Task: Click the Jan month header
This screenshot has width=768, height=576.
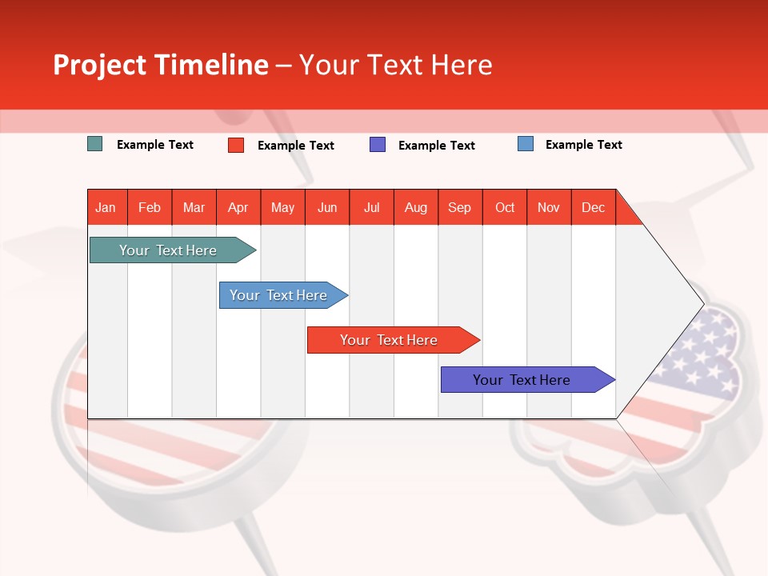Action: point(106,207)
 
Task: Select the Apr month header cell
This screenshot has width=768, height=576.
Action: point(238,207)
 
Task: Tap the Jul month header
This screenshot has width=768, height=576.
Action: point(371,207)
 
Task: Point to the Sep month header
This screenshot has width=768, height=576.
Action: point(460,207)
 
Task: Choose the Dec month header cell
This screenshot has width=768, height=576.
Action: point(593,207)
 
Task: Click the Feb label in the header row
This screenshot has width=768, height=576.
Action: point(150,207)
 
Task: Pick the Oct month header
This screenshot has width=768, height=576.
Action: point(505,207)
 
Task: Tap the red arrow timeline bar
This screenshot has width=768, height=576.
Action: point(390,340)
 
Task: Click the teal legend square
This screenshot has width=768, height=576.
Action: point(95,144)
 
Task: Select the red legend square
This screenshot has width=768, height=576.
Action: point(236,145)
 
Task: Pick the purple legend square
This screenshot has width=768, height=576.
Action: point(378,145)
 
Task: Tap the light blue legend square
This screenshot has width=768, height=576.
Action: point(526,144)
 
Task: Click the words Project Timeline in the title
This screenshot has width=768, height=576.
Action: point(161,65)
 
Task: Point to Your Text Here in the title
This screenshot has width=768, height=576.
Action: point(396,65)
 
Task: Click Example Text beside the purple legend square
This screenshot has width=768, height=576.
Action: point(436,146)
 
